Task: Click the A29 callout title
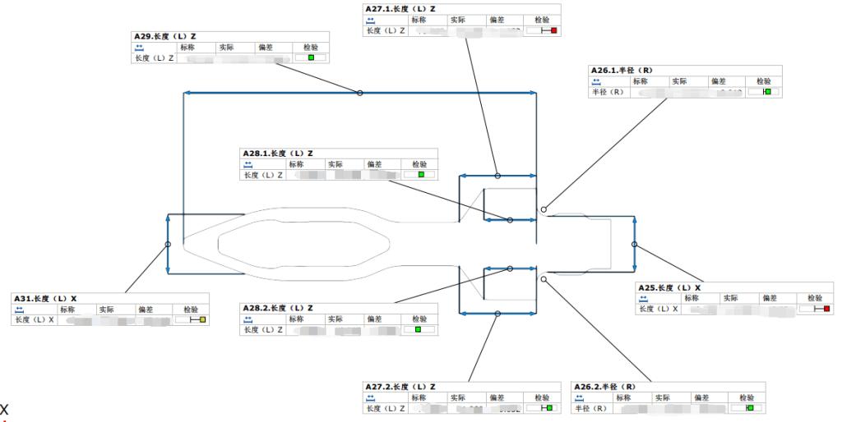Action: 164,37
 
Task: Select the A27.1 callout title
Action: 400,8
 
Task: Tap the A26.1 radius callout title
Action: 622,71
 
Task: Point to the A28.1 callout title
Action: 277,154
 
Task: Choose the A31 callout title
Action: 45,298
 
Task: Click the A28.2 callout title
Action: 277,308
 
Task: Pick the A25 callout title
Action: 669,287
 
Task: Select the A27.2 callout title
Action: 400,386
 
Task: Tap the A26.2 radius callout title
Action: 604,386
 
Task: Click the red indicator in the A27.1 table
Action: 554,30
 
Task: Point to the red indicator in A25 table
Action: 826,309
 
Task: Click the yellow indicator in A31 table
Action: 202,319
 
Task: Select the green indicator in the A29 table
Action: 311,58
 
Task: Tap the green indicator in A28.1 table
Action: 421,175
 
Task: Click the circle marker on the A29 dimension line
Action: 359,93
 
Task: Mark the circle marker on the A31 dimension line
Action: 168,244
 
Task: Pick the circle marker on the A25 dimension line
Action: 634,244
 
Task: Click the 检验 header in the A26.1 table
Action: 763,81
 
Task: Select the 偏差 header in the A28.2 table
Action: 375,319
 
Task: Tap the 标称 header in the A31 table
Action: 68,309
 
